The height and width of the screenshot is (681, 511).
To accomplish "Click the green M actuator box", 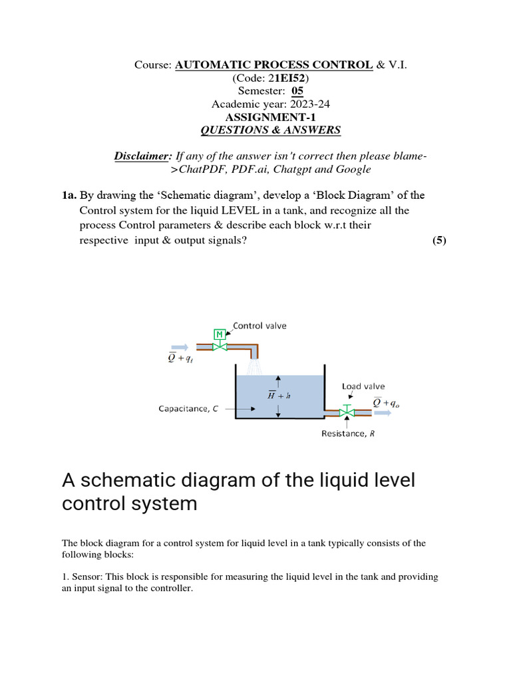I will click(219, 334).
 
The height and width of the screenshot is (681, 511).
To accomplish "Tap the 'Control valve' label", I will click(259, 326).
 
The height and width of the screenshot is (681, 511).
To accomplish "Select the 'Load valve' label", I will click(363, 386).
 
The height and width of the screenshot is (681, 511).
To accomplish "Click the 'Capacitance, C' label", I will click(188, 410).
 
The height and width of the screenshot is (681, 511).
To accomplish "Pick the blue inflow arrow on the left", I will click(179, 346).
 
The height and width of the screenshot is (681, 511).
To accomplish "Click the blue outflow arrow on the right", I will click(383, 412).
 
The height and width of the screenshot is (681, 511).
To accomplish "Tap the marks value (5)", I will click(439, 240).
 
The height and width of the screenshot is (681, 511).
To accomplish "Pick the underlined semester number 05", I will click(297, 91).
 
